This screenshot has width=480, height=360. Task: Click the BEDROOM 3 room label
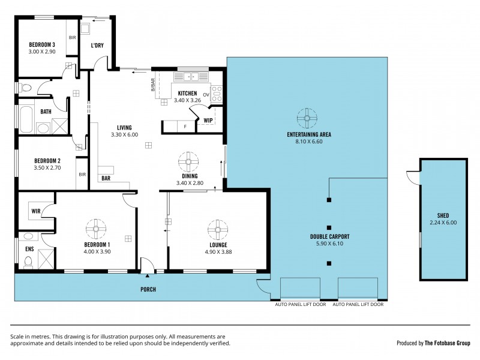(x=43, y=44)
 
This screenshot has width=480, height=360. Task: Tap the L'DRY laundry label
(x=98, y=46)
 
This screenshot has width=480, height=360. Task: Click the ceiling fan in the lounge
(x=217, y=229)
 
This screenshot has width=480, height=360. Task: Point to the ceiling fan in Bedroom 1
(x=96, y=228)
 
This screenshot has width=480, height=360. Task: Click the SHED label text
(x=443, y=215)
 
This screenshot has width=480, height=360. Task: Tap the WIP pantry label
(x=208, y=120)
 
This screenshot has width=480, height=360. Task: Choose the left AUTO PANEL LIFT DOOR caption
(x=299, y=305)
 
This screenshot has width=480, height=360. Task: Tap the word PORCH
(x=148, y=290)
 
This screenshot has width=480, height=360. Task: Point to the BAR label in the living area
(x=106, y=178)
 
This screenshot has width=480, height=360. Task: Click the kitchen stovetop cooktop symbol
(x=217, y=93)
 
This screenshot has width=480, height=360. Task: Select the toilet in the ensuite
(x=28, y=262)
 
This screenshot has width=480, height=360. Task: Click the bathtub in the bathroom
(x=27, y=119)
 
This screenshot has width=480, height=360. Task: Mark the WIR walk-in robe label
(x=35, y=212)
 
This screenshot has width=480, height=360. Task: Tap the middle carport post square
(x=328, y=227)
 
